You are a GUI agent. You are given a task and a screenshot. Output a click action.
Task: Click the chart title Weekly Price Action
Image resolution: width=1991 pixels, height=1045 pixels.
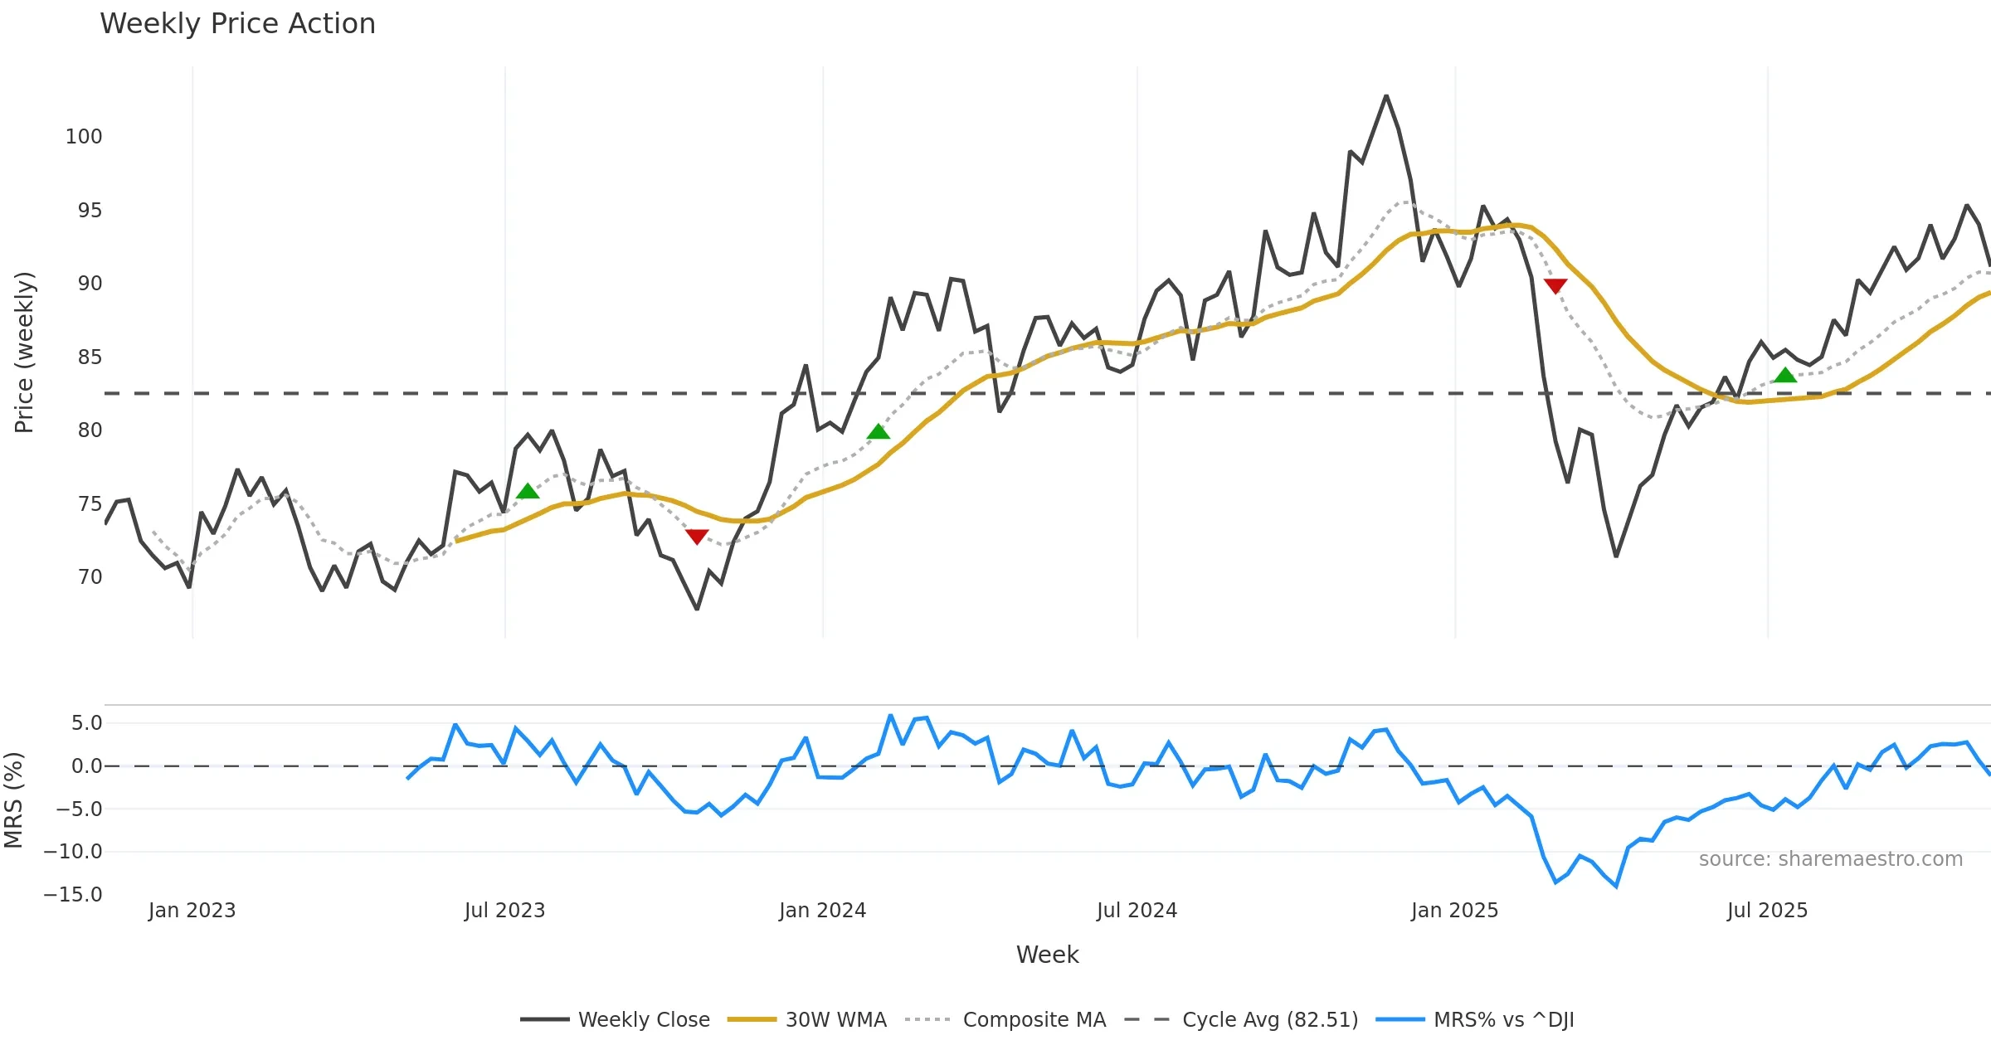coord(237,24)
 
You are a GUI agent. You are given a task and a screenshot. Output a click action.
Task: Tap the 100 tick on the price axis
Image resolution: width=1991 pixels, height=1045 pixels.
coord(84,137)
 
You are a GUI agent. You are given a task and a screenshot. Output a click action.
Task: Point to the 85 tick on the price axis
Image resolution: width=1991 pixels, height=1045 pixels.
coord(90,357)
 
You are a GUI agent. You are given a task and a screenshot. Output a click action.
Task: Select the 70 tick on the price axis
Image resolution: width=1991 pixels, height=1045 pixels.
coord(90,577)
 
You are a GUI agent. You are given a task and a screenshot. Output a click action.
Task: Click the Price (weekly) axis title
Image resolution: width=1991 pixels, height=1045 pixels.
coord(25,352)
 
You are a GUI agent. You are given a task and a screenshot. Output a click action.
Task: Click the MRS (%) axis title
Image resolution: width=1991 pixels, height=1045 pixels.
coord(13,800)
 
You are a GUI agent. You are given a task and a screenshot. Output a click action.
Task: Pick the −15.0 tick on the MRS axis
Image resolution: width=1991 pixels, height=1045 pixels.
coord(73,895)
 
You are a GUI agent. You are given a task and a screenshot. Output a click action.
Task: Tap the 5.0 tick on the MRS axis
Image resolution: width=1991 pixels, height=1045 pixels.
coord(86,723)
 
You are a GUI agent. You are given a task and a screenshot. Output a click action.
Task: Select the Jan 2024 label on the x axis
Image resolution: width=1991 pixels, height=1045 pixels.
coord(822,911)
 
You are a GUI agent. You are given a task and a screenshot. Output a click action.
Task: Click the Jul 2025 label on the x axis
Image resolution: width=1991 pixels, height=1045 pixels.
coord(1767,911)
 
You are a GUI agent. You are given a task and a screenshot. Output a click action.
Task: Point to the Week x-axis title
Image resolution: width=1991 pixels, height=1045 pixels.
coord(1047,955)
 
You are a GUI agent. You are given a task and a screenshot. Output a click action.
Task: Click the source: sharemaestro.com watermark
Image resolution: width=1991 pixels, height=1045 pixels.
coord(1830,859)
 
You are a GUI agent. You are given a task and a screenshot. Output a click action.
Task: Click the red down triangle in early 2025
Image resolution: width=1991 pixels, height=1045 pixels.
coord(1555,286)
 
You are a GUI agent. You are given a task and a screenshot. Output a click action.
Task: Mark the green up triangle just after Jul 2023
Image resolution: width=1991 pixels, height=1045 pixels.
coord(528,492)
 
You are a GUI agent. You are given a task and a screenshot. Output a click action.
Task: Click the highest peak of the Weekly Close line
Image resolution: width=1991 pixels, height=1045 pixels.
coord(1386,96)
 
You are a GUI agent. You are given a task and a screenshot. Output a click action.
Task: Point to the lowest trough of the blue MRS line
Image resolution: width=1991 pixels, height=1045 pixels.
coord(1616,887)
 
